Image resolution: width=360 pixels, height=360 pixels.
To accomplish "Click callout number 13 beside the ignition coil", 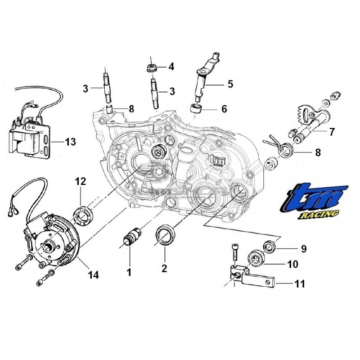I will [70, 143].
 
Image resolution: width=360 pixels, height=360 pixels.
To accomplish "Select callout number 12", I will [80, 182].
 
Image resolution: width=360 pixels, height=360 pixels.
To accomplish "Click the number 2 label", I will [164, 269].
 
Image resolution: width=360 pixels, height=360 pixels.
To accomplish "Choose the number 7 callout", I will [332, 132].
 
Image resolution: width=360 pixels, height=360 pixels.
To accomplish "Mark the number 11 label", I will [299, 284].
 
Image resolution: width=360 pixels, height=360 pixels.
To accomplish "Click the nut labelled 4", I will [151, 68].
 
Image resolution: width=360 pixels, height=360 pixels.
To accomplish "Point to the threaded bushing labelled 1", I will [132, 236].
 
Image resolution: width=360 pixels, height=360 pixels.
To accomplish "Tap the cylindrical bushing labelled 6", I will [195, 109].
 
